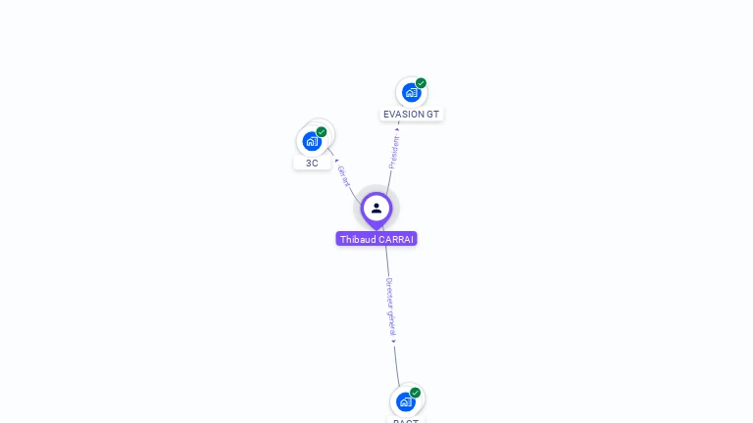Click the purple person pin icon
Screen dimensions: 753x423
tap(376, 209)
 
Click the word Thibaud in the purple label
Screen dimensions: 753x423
tap(358, 239)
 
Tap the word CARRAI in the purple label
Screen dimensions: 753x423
tap(396, 239)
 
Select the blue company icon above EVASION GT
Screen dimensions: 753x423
tap(411, 93)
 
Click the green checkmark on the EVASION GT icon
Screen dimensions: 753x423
tap(421, 83)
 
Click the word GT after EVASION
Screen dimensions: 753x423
tap(433, 115)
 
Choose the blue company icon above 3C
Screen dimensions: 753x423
tap(312, 141)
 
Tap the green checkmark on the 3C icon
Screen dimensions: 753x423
tap(322, 132)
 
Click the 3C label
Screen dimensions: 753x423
tap(312, 164)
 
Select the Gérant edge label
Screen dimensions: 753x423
tap(343, 176)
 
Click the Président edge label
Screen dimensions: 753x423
tap(394, 152)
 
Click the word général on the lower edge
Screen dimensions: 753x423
tap(391, 322)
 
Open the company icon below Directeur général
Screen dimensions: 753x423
tap(406, 401)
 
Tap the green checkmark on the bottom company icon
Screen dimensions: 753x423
tap(415, 393)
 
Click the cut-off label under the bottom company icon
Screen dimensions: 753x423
tap(406, 420)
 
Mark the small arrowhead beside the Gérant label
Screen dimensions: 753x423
tap(336, 160)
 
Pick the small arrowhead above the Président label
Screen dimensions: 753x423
tap(397, 128)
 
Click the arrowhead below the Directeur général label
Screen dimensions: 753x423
tap(393, 341)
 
